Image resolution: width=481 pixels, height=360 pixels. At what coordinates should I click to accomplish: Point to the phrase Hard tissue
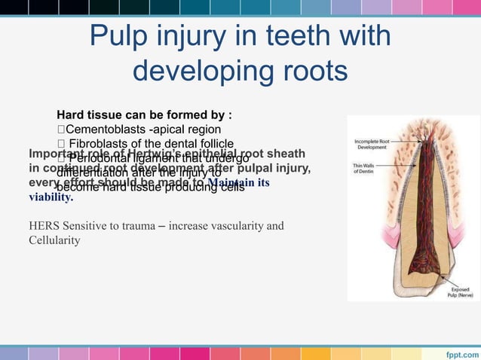(87, 115)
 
